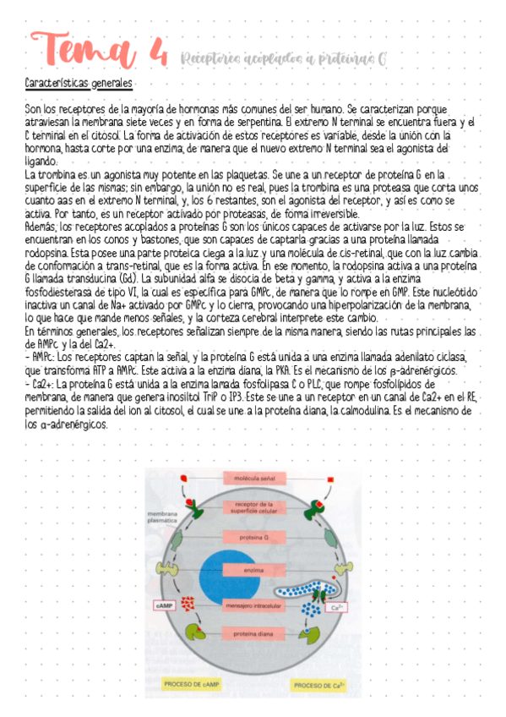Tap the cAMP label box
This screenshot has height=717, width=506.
pyautogui.click(x=165, y=605)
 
